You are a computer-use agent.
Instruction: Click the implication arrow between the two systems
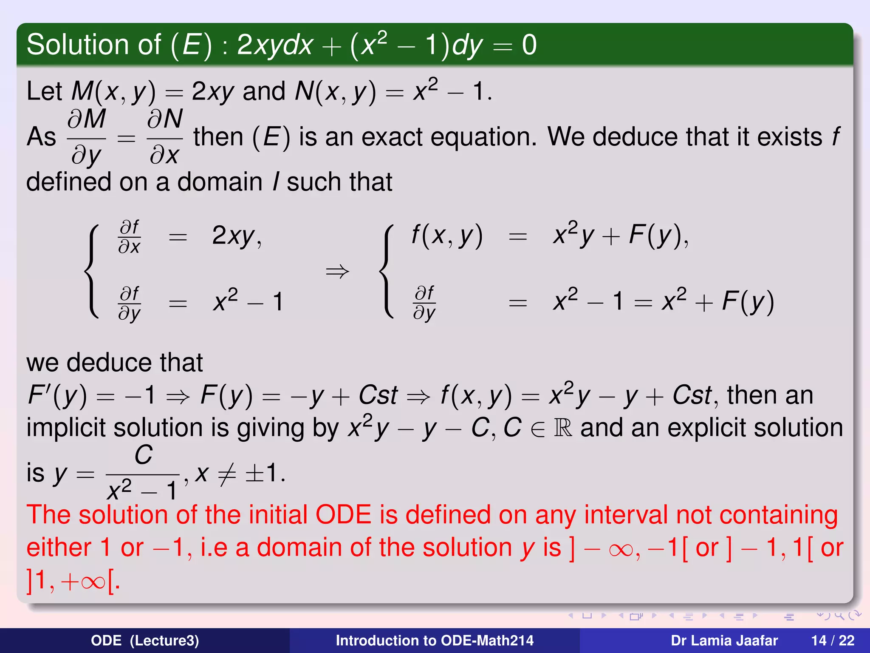pyautogui.click(x=337, y=271)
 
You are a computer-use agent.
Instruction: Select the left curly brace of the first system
pyautogui.click(x=92, y=271)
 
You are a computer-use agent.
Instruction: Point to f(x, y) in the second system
pyautogui.click(x=447, y=236)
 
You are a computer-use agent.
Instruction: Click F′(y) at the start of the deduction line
pyautogui.click(x=57, y=395)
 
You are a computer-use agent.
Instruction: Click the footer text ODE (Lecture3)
pyautogui.click(x=144, y=641)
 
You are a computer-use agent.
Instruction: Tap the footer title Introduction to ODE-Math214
pyautogui.click(x=434, y=641)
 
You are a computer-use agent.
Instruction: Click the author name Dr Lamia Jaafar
pyautogui.click(x=724, y=641)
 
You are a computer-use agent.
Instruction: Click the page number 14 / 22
pyautogui.click(x=833, y=641)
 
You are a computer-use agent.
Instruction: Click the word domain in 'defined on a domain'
pyautogui.click(x=220, y=182)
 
